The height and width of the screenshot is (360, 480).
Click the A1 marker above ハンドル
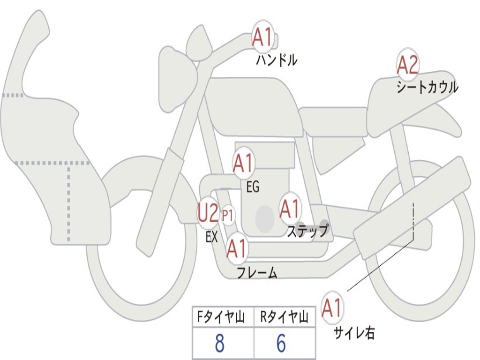[x=262, y=37]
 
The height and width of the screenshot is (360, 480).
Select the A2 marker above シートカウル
[x=407, y=65]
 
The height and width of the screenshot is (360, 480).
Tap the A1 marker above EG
[x=243, y=164]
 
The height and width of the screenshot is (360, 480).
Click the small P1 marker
[x=228, y=216]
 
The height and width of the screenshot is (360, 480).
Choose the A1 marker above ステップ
[x=290, y=209]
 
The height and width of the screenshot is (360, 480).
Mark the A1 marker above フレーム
[x=237, y=248]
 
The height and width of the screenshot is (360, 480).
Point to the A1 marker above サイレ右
[x=332, y=308]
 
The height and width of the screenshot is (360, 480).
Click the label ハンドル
[x=277, y=60]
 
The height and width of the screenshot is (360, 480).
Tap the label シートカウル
[x=427, y=88]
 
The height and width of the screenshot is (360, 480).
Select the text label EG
[x=253, y=187]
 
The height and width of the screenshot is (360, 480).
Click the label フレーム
[x=257, y=273]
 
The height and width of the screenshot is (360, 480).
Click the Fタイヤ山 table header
[x=223, y=318]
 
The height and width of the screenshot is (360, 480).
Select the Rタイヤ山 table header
[x=284, y=318]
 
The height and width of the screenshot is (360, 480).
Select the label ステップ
[x=307, y=231]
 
